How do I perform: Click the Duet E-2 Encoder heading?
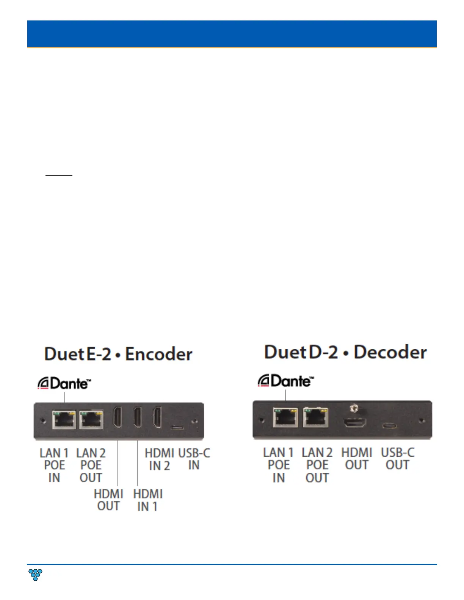click(x=118, y=354)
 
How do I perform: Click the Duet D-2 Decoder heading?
click(x=345, y=352)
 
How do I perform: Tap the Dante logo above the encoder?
click(x=64, y=384)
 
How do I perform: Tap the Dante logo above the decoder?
click(x=286, y=381)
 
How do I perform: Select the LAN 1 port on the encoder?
click(x=64, y=420)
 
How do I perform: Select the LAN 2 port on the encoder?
click(x=91, y=420)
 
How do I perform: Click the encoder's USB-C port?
click(x=177, y=427)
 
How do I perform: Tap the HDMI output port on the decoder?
click(x=355, y=422)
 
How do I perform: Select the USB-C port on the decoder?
click(x=389, y=425)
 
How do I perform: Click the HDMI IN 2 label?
click(x=159, y=459)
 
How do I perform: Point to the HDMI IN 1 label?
click(x=147, y=500)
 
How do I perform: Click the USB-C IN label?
click(x=194, y=459)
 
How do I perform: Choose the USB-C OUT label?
click(x=397, y=458)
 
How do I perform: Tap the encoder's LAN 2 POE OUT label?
click(x=91, y=465)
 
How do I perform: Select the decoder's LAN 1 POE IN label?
click(x=279, y=465)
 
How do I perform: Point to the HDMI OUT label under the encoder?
click(x=108, y=500)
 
